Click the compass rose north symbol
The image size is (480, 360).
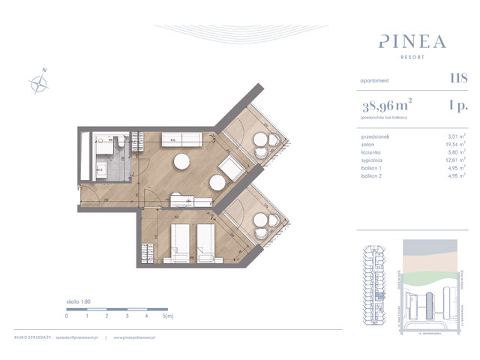[x=39, y=82]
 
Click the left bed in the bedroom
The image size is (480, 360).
[x=178, y=242]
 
